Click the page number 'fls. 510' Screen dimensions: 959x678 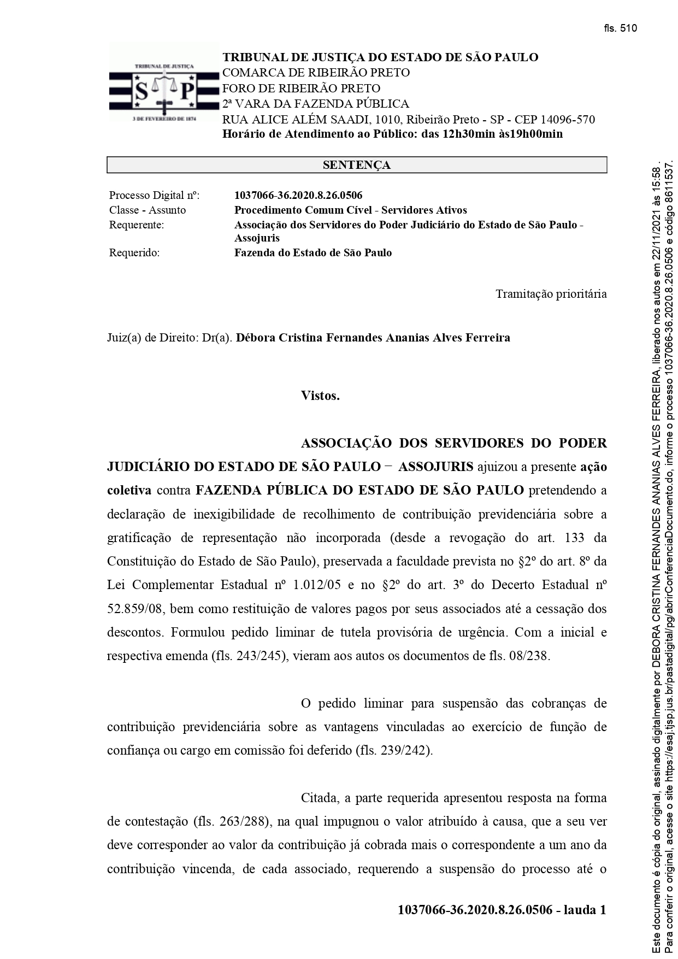click(x=621, y=28)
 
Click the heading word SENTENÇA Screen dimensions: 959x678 click(x=356, y=165)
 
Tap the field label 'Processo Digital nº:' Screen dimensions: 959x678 click(x=155, y=195)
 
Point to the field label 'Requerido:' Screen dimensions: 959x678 click(x=134, y=253)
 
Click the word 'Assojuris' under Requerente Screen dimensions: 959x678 click(x=257, y=238)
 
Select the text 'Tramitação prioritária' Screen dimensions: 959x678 click(x=551, y=294)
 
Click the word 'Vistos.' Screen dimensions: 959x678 click(x=320, y=396)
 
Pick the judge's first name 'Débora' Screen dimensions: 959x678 click(x=255, y=338)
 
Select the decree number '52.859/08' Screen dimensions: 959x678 click(x=131, y=609)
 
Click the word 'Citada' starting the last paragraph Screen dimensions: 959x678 click(x=320, y=798)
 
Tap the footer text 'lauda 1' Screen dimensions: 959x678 click(x=585, y=910)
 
